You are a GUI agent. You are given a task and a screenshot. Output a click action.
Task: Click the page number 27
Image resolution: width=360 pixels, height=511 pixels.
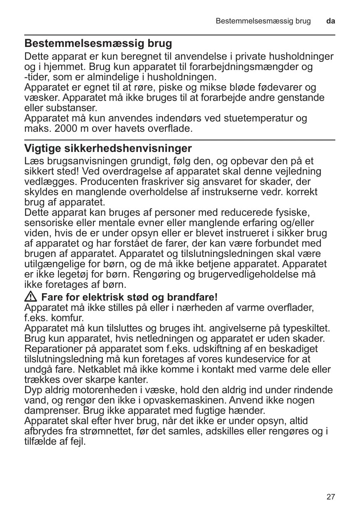point(331,497)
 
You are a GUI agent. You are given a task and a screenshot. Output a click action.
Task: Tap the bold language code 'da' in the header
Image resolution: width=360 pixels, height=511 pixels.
point(331,21)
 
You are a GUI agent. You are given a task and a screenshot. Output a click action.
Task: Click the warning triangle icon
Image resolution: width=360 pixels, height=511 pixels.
point(31,297)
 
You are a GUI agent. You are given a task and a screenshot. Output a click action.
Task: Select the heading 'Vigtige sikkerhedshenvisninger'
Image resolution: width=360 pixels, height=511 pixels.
point(108,148)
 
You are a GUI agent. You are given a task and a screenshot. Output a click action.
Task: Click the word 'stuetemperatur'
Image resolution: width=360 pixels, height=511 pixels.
point(247,118)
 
